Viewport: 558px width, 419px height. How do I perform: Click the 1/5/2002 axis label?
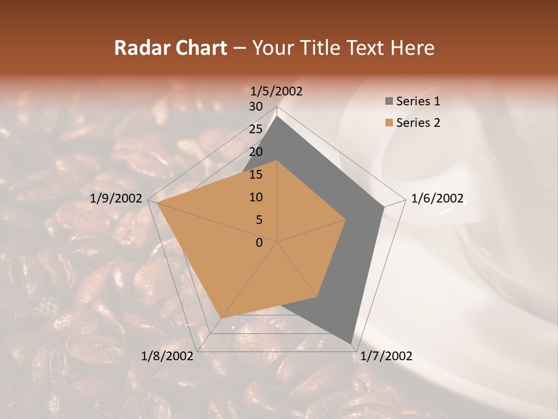point(277,91)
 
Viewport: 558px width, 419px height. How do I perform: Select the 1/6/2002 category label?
point(437,198)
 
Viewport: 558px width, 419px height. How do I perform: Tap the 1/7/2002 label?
point(386,356)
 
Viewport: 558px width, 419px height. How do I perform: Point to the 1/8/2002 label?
point(167,356)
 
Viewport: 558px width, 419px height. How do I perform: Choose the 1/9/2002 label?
point(116,198)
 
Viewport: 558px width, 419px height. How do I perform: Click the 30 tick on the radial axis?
point(256,106)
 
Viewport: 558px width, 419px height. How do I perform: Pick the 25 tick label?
point(256,129)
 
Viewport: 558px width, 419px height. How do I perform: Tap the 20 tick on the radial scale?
point(256,152)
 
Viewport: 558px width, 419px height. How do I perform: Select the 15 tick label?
point(256,175)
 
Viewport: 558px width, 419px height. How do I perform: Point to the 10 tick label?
point(256,197)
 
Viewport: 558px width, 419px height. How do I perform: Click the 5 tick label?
point(259,220)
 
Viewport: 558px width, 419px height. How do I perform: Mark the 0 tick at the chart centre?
point(259,243)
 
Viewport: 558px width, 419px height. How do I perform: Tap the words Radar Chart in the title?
point(170,48)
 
